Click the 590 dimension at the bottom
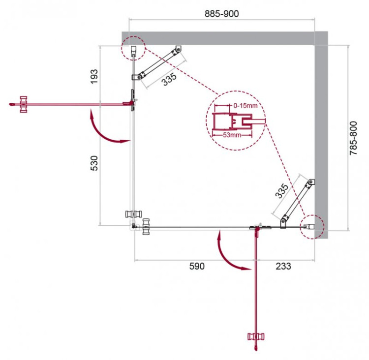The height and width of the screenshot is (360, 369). pos(196,267)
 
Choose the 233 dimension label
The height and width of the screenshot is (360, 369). pos(283,267)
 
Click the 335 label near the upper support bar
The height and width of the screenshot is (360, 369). pos(168,79)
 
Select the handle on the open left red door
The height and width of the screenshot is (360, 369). pos(22,104)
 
